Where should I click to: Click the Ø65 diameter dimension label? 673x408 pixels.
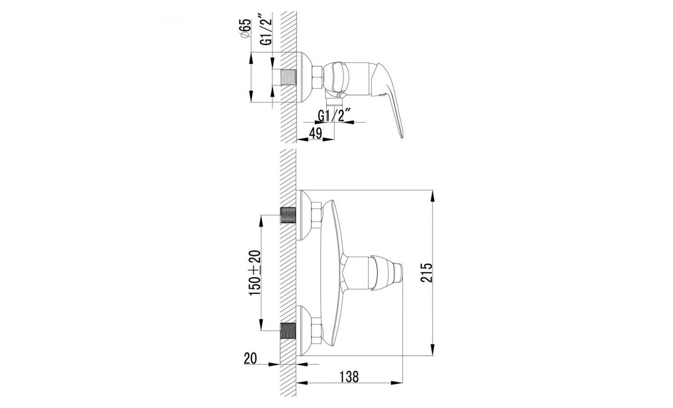click(x=246, y=28)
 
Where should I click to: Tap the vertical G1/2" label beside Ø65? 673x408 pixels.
click(x=266, y=30)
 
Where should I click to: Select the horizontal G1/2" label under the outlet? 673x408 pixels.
click(x=334, y=116)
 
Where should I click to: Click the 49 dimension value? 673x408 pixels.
click(x=315, y=133)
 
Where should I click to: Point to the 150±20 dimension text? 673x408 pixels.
click(x=255, y=273)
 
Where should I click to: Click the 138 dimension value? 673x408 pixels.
click(x=349, y=377)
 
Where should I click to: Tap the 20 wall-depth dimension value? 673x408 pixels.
click(x=250, y=358)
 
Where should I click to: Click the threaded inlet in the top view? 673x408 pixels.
click(x=288, y=78)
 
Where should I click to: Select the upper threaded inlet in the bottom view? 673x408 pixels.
click(x=288, y=215)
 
